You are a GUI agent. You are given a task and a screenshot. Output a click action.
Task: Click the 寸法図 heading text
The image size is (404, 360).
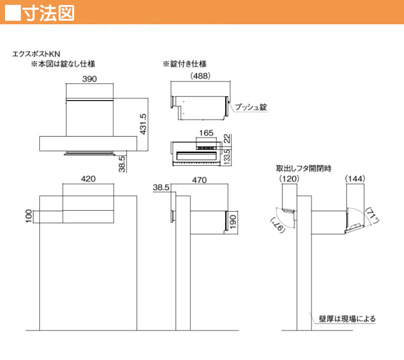[x=49, y=13]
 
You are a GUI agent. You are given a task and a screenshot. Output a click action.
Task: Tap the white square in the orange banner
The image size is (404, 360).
[x=13, y=13]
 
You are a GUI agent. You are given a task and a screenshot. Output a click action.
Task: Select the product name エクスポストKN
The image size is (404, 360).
[x=36, y=54]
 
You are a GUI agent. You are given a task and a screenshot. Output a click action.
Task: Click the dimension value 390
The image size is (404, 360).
[x=89, y=79]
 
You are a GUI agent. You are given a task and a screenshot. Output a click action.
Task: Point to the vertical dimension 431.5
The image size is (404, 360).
[x=143, y=124]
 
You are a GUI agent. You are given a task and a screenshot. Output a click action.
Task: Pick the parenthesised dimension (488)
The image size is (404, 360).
[x=200, y=76]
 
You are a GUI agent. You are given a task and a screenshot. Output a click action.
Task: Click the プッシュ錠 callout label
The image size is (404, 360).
[x=250, y=107]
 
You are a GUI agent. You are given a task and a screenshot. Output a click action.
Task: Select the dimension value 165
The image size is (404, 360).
[x=207, y=133]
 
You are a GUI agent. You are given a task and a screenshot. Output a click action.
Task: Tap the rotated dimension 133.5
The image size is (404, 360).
[x=227, y=157]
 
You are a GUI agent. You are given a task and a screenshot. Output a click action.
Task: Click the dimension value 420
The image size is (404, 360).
[x=88, y=178]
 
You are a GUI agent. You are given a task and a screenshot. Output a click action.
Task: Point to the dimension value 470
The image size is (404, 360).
[x=199, y=180]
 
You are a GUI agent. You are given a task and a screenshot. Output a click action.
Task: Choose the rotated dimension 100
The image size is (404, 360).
[x=29, y=216]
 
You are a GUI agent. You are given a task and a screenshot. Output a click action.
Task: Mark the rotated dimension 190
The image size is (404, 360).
[x=233, y=222]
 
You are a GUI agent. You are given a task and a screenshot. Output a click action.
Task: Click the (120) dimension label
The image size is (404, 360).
[x=289, y=178]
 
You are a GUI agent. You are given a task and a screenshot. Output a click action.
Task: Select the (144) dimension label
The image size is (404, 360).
[x=355, y=178]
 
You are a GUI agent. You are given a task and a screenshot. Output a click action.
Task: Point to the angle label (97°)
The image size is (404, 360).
[x=277, y=224]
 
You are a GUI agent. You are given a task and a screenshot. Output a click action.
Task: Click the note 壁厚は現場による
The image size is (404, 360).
[x=347, y=319]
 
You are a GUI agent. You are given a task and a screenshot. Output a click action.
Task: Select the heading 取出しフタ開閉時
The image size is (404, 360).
[x=304, y=168]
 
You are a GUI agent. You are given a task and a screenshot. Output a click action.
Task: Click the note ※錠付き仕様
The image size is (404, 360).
[x=184, y=64]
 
